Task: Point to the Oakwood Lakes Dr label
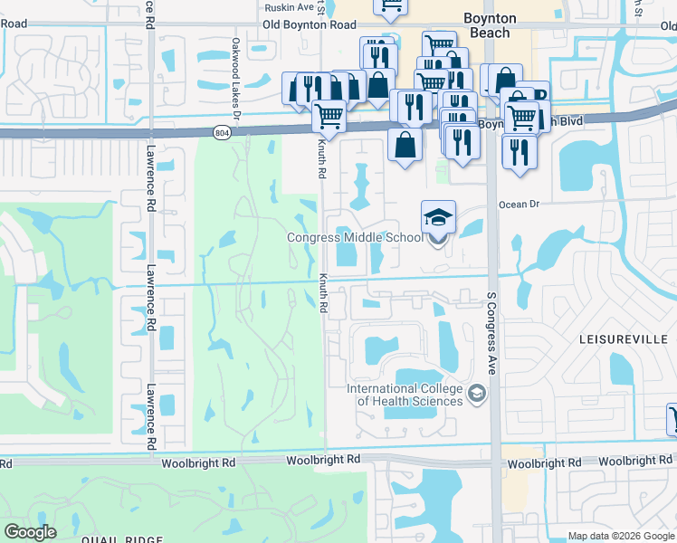pyautogui.click(x=234, y=66)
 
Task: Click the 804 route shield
pyautogui.click(x=222, y=133)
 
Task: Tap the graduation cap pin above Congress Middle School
pyautogui.click(x=438, y=219)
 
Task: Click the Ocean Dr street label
pyautogui.click(x=519, y=205)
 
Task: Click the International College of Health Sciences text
pyautogui.click(x=405, y=395)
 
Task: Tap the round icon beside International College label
pyautogui.click(x=477, y=394)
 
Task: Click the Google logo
pyautogui.click(x=30, y=532)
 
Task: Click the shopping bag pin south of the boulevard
pyautogui.click(x=405, y=144)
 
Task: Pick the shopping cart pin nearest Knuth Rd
pyautogui.click(x=329, y=116)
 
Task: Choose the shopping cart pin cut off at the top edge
pyautogui.click(x=390, y=7)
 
